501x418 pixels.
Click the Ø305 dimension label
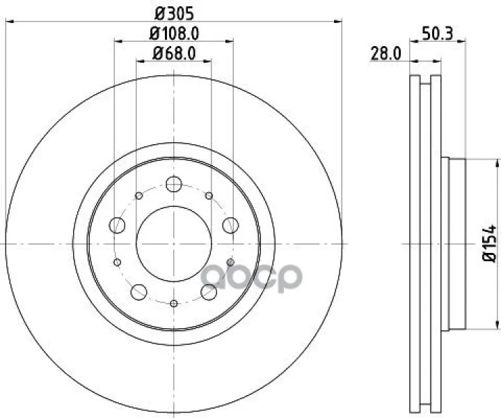point(174,13)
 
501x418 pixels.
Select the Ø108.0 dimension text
point(174,33)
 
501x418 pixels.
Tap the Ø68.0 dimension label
point(174,53)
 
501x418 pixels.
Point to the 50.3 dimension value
point(438,33)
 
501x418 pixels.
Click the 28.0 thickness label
point(385,54)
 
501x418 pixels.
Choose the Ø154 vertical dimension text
point(489,243)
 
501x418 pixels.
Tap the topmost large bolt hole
point(174,184)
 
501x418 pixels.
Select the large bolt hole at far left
point(117,225)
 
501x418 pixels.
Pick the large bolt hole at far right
point(231,225)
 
